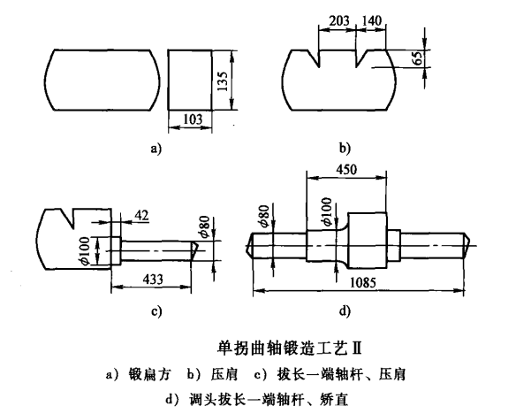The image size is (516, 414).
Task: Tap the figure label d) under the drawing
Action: click(x=345, y=310)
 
